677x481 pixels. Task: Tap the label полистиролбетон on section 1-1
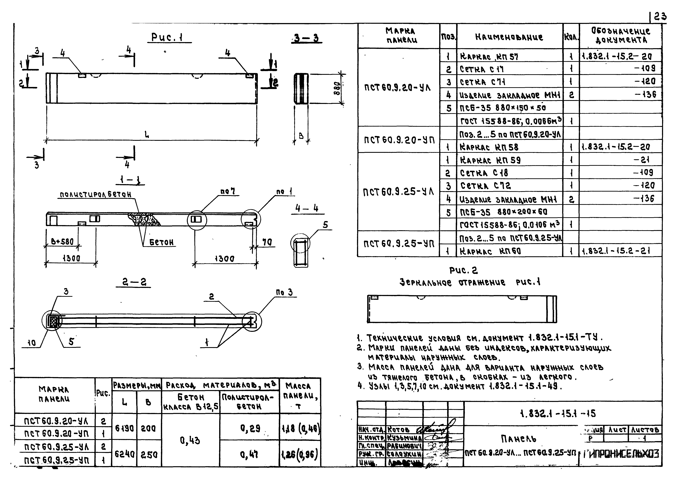95,195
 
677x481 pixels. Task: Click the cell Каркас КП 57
489,56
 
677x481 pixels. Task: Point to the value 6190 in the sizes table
124,428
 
